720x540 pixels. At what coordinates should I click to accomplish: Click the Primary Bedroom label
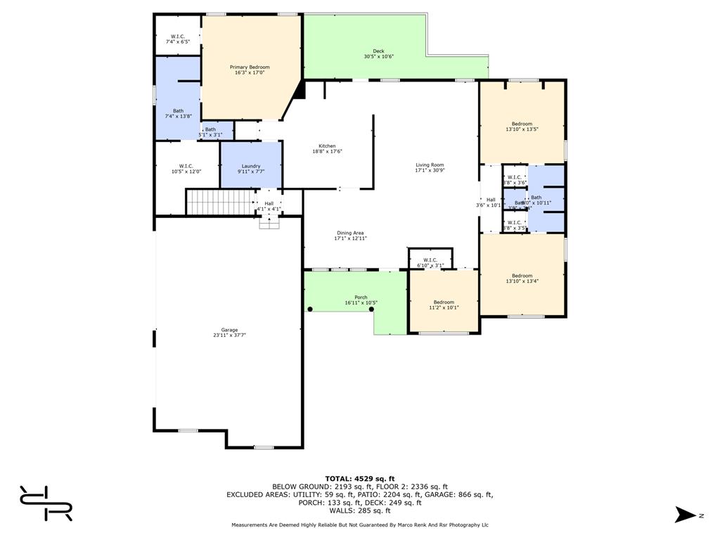[x=250, y=67]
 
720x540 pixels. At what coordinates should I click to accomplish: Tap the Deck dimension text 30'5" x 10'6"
[x=378, y=57]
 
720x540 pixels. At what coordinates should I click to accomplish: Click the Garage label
[x=229, y=330]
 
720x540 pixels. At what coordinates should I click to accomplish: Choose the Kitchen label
[x=327, y=146]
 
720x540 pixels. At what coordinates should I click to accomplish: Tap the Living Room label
[x=430, y=165]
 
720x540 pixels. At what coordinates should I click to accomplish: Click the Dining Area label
[x=349, y=233]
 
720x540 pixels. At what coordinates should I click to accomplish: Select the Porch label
[x=361, y=297]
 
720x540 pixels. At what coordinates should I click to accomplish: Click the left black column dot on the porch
[x=310, y=309]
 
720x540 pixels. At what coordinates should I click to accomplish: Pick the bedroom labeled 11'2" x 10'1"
[x=444, y=302]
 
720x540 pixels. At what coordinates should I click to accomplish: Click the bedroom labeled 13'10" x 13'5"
[x=522, y=124]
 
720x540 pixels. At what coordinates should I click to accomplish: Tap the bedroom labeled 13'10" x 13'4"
[x=522, y=276]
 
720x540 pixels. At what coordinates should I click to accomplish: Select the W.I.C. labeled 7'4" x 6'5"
[x=178, y=37]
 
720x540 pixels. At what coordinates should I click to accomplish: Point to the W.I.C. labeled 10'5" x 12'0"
[x=186, y=167]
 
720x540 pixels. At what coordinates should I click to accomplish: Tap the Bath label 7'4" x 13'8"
[x=179, y=111]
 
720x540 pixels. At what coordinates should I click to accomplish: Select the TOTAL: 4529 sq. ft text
[x=359, y=479]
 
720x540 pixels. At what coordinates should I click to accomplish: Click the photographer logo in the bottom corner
[x=46, y=503]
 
